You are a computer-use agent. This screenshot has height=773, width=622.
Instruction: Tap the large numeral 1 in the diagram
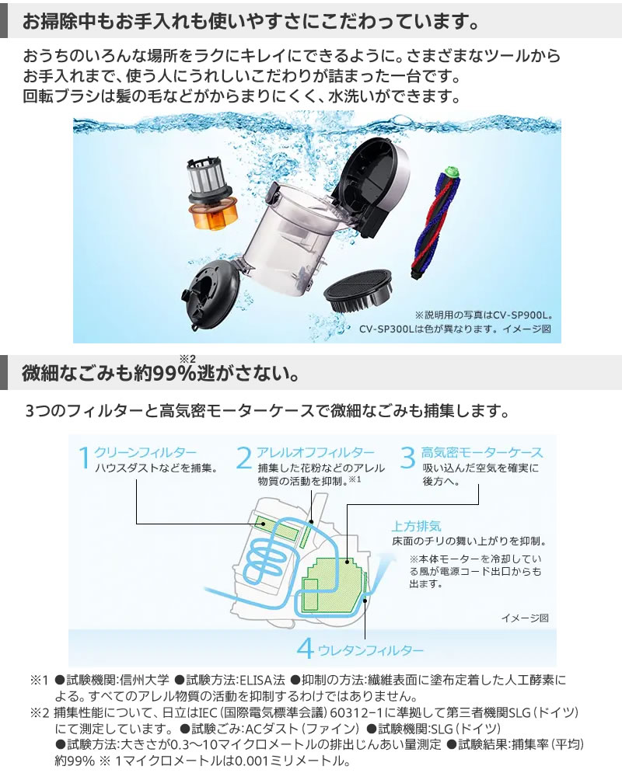point(84,459)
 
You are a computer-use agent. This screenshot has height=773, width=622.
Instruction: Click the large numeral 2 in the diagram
point(244,459)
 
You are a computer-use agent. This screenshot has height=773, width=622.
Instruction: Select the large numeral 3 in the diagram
point(407,459)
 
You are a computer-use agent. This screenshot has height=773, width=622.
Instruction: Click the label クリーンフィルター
point(145,452)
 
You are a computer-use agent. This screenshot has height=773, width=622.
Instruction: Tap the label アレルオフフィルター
point(316,452)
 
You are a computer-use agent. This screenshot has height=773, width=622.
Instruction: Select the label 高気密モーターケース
point(482,452)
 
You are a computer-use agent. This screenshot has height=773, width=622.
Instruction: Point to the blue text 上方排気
point(418,526)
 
